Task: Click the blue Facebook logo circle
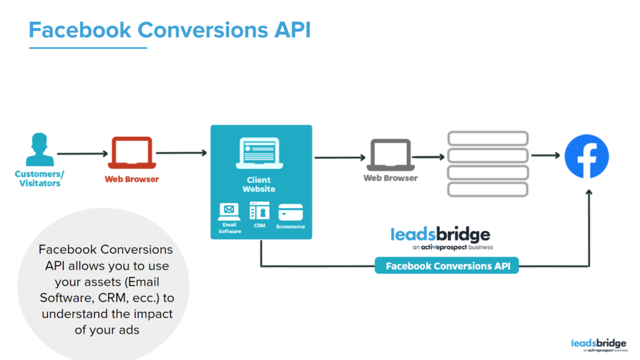click(x=586, y=156)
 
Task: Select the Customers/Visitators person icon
click(x=39, y=149)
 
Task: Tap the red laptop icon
click(x=132, y=152)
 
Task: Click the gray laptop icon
click(x=391, y=155)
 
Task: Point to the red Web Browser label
click(x=132, y=179)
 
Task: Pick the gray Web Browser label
click(x=391, y=178)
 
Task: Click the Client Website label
click(x=259, y=184)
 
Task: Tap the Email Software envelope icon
click(x=229, y=211)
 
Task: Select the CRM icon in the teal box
click(x=259, y=211)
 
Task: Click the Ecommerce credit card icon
click(x=291, y=212)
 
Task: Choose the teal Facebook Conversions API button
click(x=446, y=266)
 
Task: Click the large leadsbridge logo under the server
click(x=441, y=238)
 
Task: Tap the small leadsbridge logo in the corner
click(x=599, y=345)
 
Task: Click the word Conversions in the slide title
click(x=202, y=30)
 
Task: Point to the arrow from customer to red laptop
click(x=82, y=154)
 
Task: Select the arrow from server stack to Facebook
click(x=546, y=155)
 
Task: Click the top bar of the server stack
click(x=487, y=138)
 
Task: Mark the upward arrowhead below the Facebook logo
click(x=589, y=192)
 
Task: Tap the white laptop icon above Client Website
click(x=259, y=153)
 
